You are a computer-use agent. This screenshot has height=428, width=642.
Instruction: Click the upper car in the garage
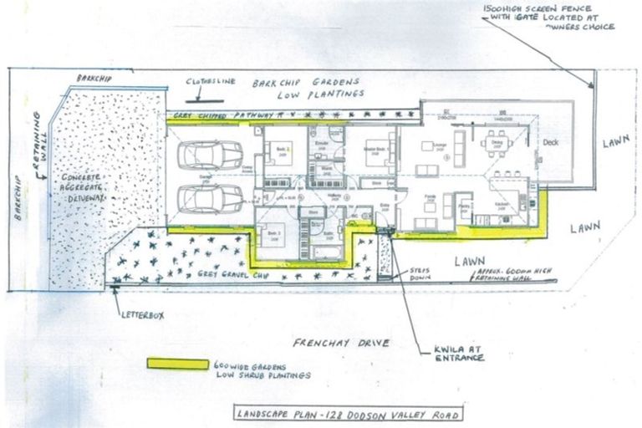tap(211, 155)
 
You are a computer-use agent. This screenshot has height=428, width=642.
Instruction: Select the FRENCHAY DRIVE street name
tap(344, 344)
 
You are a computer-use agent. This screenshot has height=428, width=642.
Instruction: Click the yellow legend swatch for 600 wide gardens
tap(177, 364)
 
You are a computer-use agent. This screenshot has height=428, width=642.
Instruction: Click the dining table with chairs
tap(498, 143)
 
